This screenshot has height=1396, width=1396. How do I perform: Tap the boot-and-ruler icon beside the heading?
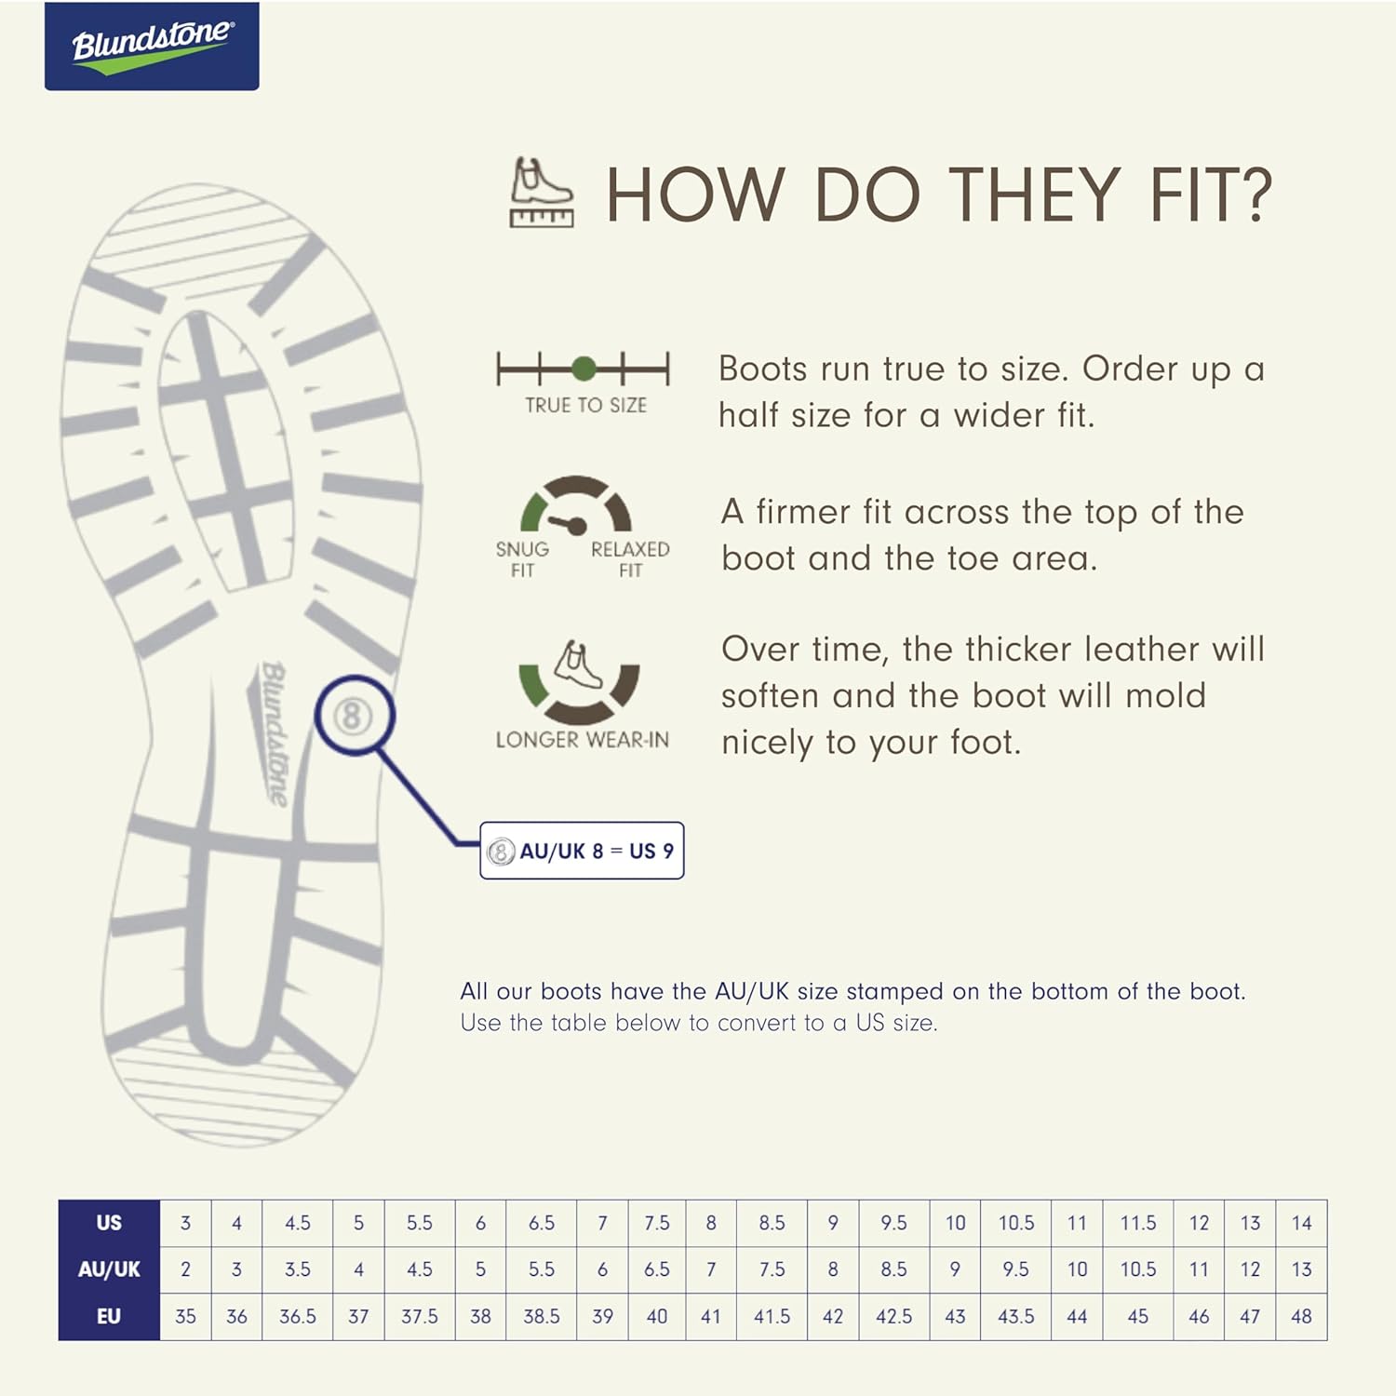[x=542, y=193]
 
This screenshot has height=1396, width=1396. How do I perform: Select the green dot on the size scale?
[x=584, y=369]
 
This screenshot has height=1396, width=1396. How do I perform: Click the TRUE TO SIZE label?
[x=585, y=405]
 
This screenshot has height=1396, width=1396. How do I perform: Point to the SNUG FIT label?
[x=522, y=559]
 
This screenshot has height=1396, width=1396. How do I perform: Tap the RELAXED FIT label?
[x=630, y=559]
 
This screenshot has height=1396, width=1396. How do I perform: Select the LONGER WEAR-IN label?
[x=582, y=740]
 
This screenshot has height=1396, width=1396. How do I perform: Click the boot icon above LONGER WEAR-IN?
[x=578, y=664]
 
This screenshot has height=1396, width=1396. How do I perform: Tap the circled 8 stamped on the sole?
[x=352, y=716]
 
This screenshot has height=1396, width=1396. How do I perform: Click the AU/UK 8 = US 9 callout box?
[x=582, y=851]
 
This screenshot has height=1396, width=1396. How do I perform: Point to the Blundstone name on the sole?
[x=273, y=733]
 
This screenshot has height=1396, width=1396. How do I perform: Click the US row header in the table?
[x=109, y=1223]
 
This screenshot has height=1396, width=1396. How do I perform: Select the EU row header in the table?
[x=109, y=1317]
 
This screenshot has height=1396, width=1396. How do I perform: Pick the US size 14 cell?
[x=1301, y=1223]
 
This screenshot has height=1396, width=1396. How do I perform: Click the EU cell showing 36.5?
[x=298, y=1317]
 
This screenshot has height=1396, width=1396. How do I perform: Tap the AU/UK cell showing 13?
[x=1301, y=1269]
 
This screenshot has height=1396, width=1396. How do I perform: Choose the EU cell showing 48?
[x=1301, y=1317]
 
